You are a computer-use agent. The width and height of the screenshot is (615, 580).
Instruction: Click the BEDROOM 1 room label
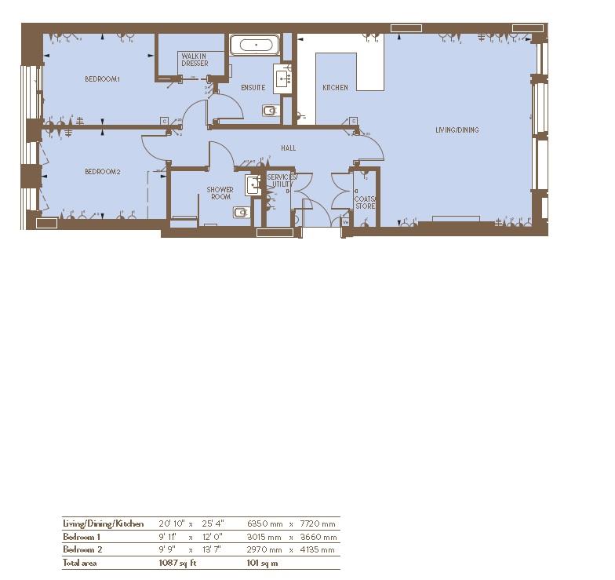coord(102,79)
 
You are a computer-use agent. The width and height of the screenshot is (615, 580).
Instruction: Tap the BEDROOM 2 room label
coord(102,172)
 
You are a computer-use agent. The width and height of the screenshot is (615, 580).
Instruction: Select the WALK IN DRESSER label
coord(194,60)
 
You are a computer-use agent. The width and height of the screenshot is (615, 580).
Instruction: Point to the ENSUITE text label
coord(253,88)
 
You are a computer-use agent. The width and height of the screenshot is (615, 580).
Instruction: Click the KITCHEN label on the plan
coord(335,88)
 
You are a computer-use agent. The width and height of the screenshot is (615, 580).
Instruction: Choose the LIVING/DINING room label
coord(457,130)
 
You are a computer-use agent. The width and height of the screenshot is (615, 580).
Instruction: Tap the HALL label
coord(288,148)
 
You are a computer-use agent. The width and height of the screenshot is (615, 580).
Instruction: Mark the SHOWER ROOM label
coord(220,193)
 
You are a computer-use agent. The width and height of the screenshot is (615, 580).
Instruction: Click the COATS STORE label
coord(365,202)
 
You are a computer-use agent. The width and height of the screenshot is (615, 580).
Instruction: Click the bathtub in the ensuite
coord(256,45)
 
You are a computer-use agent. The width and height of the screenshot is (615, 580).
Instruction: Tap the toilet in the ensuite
coord(271,110)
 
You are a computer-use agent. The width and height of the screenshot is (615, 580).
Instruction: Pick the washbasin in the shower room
coord(253,185)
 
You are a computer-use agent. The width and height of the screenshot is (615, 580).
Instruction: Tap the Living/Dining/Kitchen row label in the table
coord(103,523)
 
